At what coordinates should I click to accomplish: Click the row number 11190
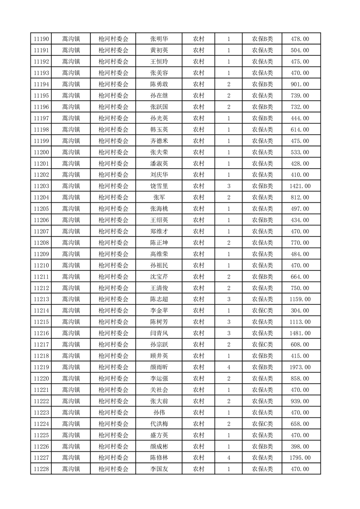point(41,39)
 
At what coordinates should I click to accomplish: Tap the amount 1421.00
point(300,186)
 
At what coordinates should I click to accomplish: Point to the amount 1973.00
point(300,367)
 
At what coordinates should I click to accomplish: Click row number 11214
point(41,311)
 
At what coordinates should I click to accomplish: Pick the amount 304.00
point(300,311)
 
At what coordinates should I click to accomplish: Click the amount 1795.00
point(300,458)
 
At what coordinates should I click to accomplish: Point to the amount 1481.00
point(300,333)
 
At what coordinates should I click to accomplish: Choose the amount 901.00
point(300,84)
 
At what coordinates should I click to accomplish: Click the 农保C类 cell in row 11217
point(262,345)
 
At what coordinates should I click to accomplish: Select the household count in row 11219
point(228,367)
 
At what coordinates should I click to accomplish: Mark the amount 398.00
point(300,446)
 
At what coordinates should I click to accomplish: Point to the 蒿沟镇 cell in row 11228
point(71,469)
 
